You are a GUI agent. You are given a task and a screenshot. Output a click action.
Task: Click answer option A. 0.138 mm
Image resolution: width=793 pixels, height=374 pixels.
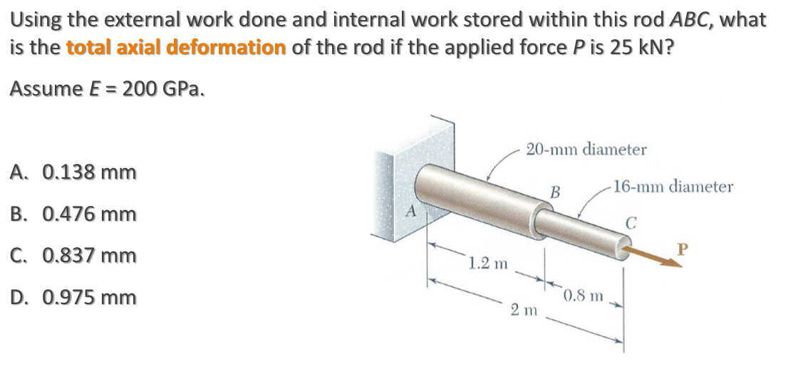click(73, 172)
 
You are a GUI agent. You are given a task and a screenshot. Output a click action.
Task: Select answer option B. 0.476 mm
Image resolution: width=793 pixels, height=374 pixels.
click(73, 214)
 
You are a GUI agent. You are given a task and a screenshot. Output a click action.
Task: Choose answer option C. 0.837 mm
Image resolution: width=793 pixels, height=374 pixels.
click(73, 255)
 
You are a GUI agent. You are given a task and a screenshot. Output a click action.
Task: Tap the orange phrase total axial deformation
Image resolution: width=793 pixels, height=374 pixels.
click(176, 48)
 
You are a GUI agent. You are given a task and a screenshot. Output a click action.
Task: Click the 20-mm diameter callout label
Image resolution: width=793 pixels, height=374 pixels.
click(586, 150)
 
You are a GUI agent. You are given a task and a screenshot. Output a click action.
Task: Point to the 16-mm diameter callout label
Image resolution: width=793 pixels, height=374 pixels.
click(673, 187)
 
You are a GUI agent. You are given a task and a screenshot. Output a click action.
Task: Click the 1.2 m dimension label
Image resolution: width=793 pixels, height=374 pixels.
click(488, 264)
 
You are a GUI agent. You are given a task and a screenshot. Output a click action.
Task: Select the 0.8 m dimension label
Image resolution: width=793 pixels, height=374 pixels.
click(584, 295)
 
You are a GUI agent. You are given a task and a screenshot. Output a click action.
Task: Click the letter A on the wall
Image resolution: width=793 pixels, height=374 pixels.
click(410, 212)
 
